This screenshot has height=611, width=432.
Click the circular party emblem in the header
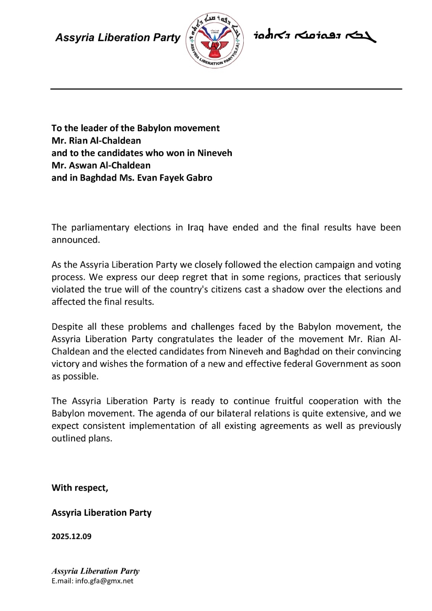point(215,40)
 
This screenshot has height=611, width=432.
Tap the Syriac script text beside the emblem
point(315,36)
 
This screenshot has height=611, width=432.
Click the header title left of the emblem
point(118,37)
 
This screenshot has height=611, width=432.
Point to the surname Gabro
point(200,178)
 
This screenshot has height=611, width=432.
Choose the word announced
point(75,240)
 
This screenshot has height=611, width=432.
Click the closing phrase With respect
point(80,488)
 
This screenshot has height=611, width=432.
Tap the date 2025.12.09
point(71,537)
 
